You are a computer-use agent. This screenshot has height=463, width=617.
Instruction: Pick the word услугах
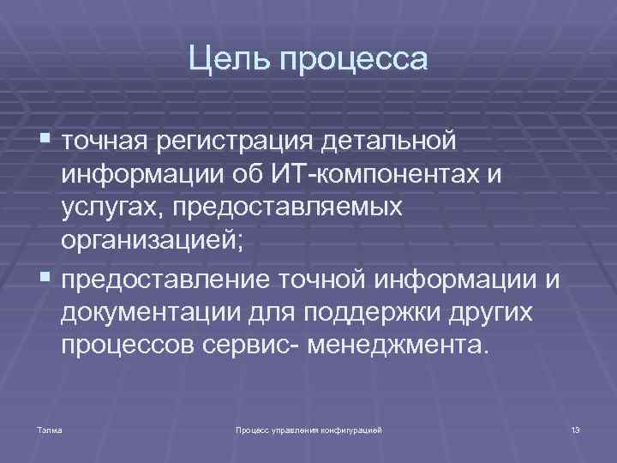pos(104,208)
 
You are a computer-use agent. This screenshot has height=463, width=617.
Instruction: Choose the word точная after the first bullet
pos(105,139)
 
